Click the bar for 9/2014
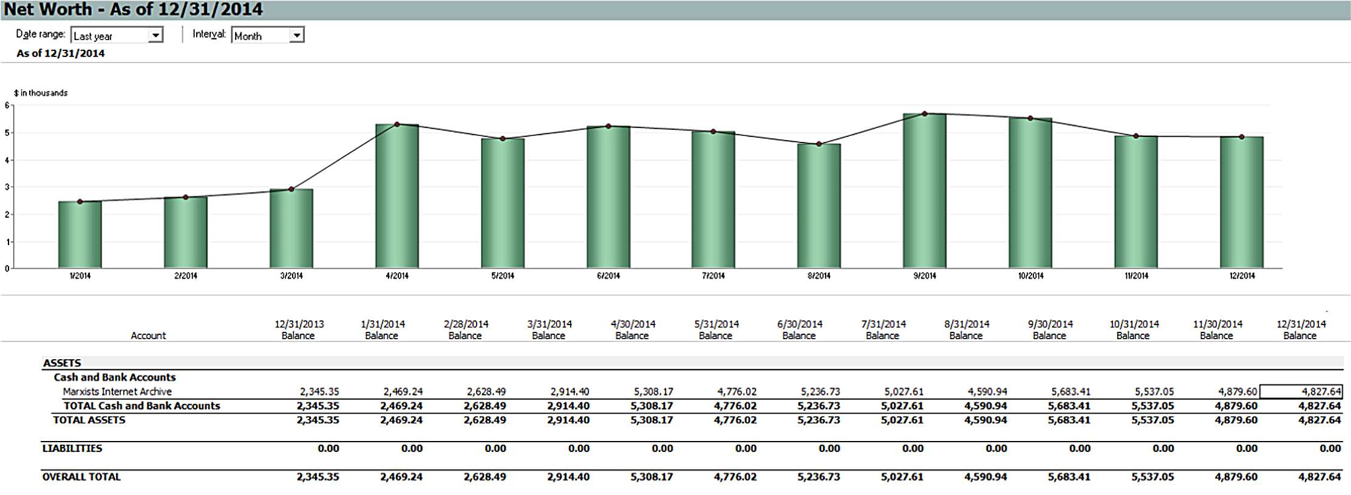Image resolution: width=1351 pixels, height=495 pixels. point(924,191)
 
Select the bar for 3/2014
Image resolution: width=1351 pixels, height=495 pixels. point(291,229)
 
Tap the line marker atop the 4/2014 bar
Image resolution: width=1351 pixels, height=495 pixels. point(397,124)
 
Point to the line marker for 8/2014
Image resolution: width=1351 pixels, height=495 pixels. point(819,144)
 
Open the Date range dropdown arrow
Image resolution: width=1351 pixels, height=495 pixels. point(156,35)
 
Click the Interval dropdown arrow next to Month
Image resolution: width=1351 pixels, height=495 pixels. point(296,35)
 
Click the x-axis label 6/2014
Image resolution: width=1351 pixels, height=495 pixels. point(608,276)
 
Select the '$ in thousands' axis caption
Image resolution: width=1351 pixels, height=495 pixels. point(41,93)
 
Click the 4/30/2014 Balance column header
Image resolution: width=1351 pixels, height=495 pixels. point(632,329)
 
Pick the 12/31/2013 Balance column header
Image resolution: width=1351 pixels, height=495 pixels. point(299,329)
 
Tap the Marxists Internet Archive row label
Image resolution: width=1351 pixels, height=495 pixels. point(117,392)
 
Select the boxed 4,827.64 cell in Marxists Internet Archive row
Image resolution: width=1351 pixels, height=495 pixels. point(1301,392)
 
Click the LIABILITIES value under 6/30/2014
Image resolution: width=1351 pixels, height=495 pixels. point(829,448)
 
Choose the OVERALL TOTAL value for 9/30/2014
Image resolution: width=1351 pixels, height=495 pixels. point(1069,477)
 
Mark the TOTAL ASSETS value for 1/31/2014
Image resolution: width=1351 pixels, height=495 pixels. point(401,420)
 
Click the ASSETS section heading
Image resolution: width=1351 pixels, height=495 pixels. point(62,363)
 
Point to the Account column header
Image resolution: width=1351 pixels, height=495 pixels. point(148,335)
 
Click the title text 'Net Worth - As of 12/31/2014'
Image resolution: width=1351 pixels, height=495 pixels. point(134,10)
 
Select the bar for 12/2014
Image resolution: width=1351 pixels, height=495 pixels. point(1241,203)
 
